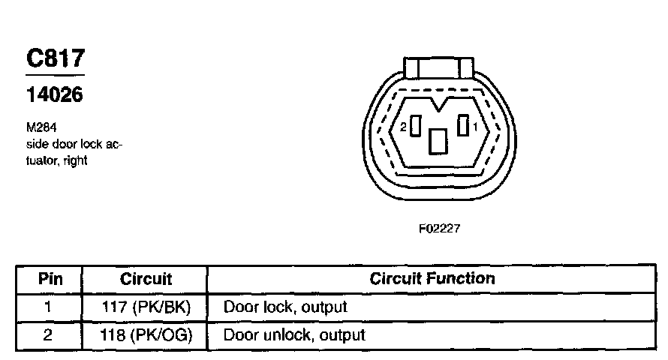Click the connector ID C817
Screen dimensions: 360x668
click(x=55, y=58)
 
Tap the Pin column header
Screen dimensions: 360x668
click(x=49, y=279)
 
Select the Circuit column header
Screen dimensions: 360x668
click(x=146, y=279)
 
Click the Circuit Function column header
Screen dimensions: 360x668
click(x=432, y=279)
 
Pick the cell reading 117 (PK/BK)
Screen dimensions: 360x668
click(x=146, y=307)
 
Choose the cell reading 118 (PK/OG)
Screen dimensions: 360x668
click(x=146, y=334)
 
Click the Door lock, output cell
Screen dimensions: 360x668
click(x=285, y=307)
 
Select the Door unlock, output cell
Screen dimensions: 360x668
click(x=294, y=334)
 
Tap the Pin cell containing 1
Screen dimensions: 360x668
click(x=49, y=307)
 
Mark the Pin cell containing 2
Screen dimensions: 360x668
click(x=49, y=334)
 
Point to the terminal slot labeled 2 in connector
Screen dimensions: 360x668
click(x=415, y=126)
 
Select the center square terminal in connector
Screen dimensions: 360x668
click(x=438, y=141)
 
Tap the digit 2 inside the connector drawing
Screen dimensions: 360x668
click(x=404, y=127)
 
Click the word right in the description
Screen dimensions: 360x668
click(x=76, y=161)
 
